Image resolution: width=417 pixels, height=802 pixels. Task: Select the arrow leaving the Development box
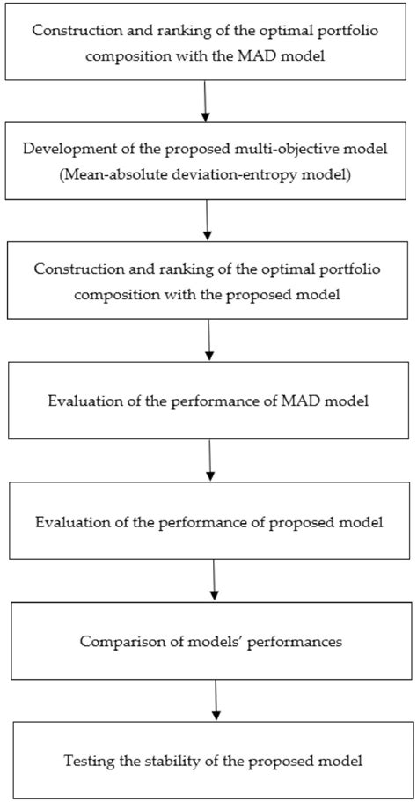pos(207,219)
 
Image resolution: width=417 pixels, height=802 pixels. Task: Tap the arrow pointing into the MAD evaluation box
pos(208,339)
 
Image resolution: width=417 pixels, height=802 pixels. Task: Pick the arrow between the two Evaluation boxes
pos(210,459)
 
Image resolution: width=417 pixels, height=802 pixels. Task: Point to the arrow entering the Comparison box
pos(214,578)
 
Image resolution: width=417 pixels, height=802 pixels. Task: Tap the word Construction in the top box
pos(71,29)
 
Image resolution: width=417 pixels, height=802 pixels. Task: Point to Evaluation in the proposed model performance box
pos(70,521)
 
